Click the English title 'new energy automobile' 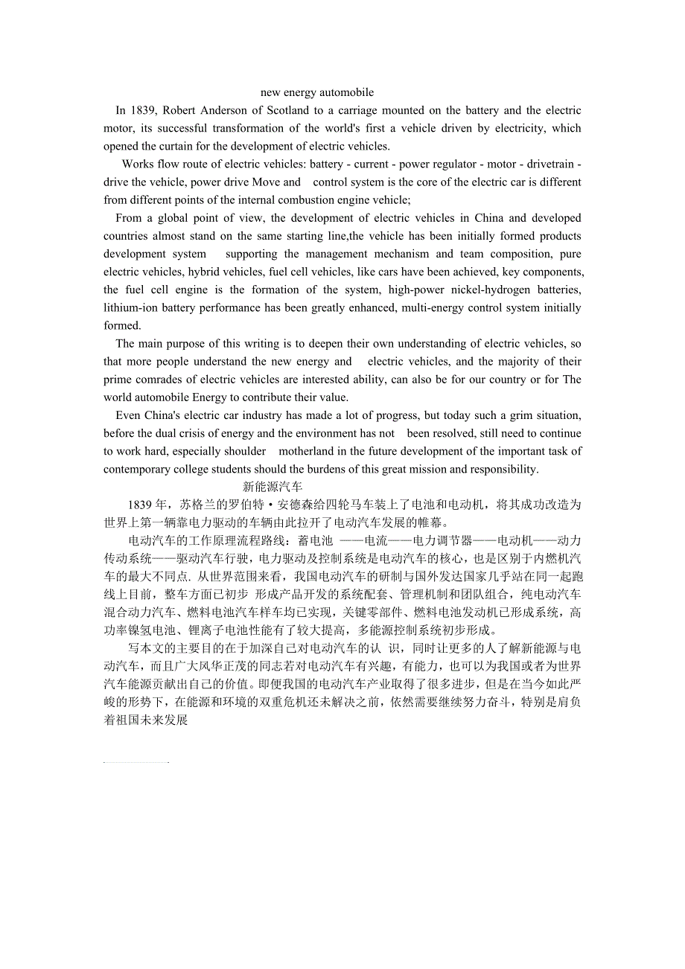pyautogui.click(x=317, y=92)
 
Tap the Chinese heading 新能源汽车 pyautogui.click(x=273, y=487)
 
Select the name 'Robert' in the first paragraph pyautogui.click(x=179, y=110)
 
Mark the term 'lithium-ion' pyautogui.click(x=131, y=307)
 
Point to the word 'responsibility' pyautogui.click(x=500, y=469)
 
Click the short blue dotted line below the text pyautogui.click(x=136, y=762)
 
